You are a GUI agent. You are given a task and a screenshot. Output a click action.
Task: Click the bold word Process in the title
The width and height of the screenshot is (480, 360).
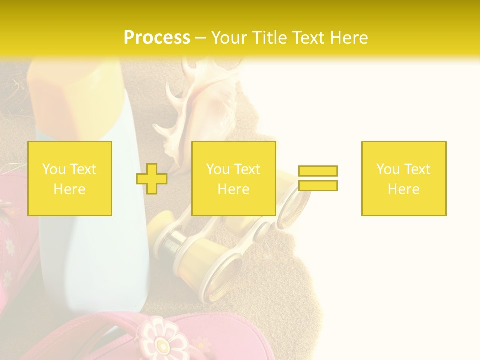pyautogui.click(x=157, y=37)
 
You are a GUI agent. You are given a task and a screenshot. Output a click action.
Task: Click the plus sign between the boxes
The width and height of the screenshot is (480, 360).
pyautogui.click(x=152, y=179)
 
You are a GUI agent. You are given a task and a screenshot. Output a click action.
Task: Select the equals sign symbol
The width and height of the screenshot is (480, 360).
pyautogui.click(x=318, y=178)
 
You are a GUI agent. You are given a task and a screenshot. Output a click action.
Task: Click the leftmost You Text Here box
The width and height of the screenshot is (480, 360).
pyautogui.click(x=70, y=178)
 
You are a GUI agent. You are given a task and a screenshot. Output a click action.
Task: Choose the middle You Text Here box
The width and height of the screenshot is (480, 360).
pyautogui.click(x=234, y=178)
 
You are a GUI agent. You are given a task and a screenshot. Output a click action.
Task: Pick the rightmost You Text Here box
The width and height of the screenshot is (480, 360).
pyautogui.click(x=404, y=178)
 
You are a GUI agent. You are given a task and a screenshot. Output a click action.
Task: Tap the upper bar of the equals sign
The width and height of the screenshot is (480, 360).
pyautogui.click(x=318, y=171)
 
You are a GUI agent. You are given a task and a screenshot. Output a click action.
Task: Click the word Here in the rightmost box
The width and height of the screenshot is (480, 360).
pyautogui.click(x=404, y=189)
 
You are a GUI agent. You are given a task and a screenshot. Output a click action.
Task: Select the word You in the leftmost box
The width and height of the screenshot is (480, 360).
pyautogui.click(x=53, y=169)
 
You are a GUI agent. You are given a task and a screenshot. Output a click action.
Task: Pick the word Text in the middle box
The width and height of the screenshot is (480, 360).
pyautogui.click(x=247, y=169)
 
